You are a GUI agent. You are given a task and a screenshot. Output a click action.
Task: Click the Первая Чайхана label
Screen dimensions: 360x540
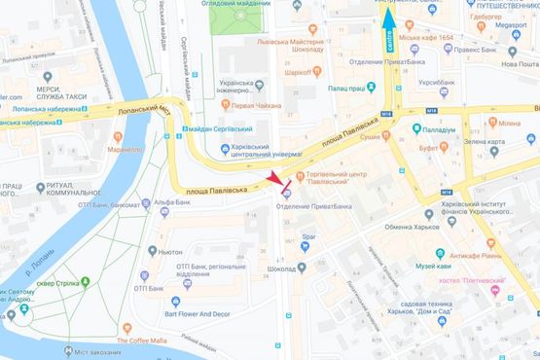[x=258, y=104]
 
